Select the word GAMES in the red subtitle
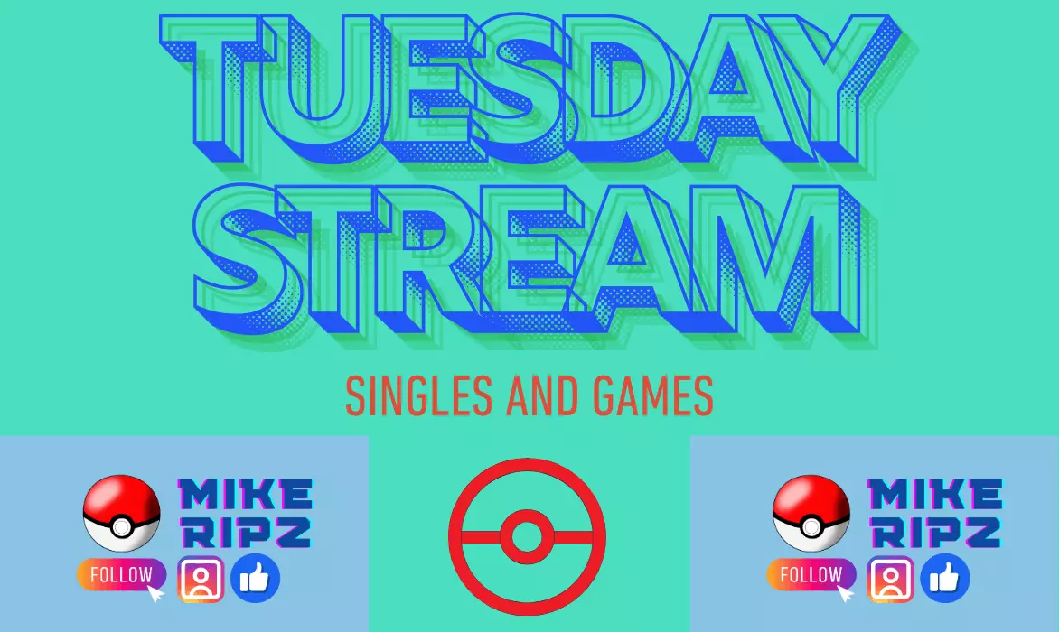653,396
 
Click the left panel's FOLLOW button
122,574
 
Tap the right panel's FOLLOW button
811,574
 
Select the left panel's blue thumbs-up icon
256,579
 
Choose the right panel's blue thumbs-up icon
945,579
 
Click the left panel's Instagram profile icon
201,579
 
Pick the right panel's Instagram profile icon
890,579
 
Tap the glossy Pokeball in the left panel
122,514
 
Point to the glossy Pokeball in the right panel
811,514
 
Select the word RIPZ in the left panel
246,532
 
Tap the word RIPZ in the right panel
935,532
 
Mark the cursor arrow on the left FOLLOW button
155,593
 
